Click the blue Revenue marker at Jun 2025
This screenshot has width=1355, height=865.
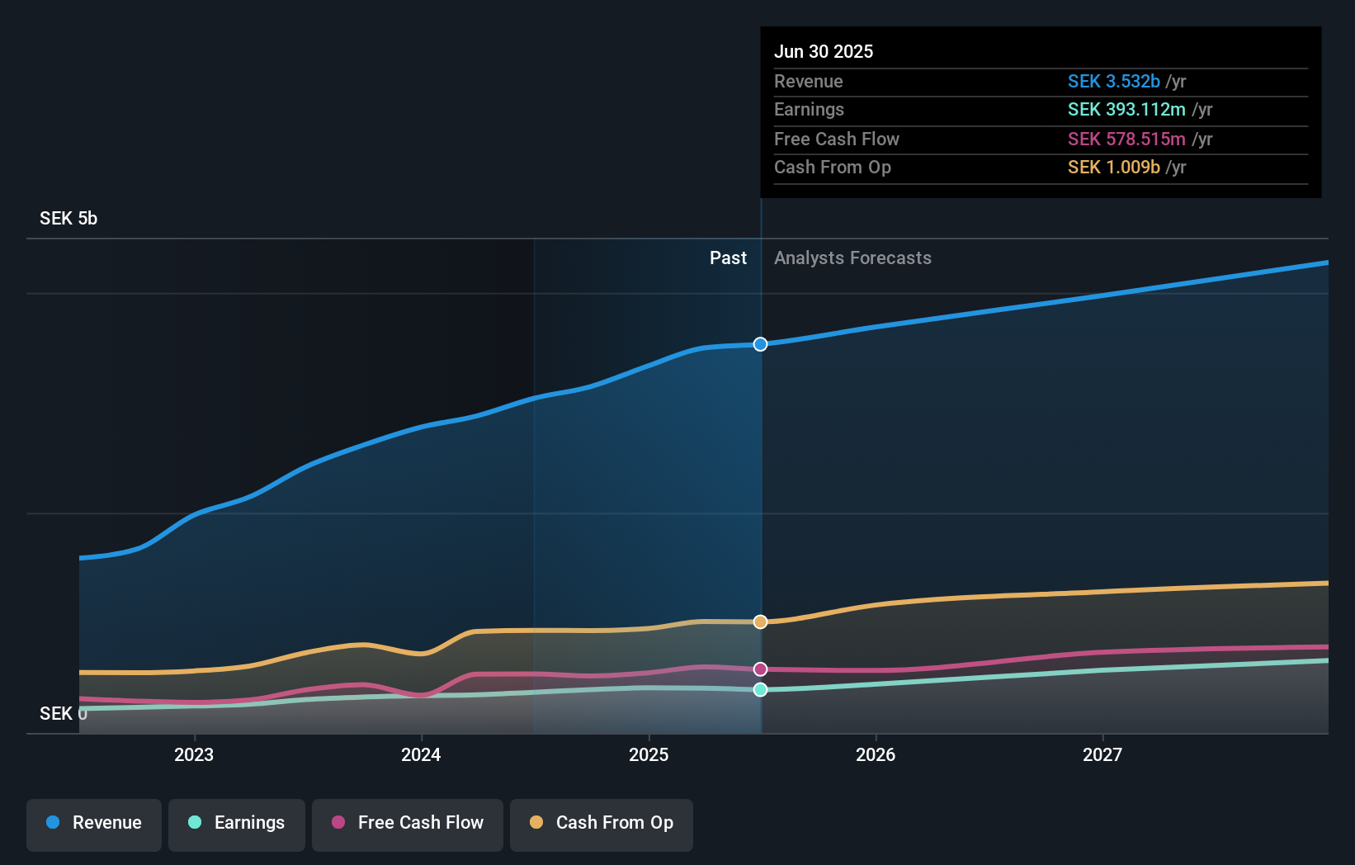tap(760, 344)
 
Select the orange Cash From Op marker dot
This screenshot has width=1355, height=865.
tap(760, 622)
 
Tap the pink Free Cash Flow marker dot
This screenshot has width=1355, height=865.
tap(760, 669)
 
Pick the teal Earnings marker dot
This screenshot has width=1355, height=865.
tap(760, 689)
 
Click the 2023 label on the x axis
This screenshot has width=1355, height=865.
tap(194, 754)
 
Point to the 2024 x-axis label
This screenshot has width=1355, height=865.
tap(421, 754)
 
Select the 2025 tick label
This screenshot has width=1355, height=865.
tap(649, 754)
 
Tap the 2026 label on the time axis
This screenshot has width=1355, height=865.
tap(876, 754)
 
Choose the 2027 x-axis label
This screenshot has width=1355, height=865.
tap(1102, 754)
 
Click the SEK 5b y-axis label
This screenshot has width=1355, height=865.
tap(68, 219)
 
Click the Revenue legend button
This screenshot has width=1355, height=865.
tap(94, 823)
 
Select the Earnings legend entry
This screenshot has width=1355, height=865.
tap(237, 823)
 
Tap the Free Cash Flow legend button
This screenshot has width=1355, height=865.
tap(408, 823)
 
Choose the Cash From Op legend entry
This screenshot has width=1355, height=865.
tap(602, 823)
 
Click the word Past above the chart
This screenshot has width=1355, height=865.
tap(728, 258)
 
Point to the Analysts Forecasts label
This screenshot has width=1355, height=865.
tap(852, 258)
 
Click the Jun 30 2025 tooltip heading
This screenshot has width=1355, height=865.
tap(824, 51)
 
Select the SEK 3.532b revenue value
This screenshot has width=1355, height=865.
tap(1113, 82)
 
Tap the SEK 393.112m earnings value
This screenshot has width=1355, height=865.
tap(1126, 110)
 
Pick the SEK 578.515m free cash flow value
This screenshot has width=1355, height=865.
tap(1126, 139)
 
